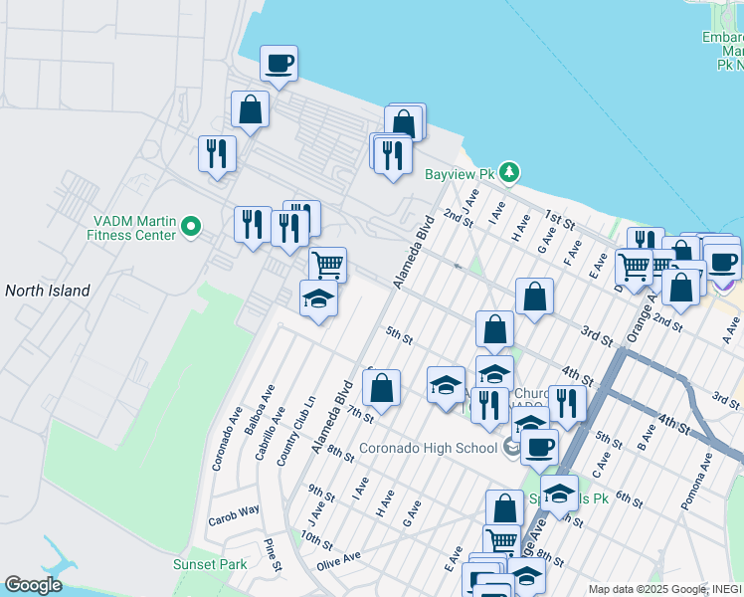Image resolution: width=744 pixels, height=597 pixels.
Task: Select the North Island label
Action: coord(48,291)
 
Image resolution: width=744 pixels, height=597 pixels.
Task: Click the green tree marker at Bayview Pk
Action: coord(509,173)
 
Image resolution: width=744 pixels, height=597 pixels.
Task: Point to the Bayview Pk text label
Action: coord(460,173)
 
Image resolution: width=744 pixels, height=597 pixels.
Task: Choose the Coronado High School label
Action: coord(429,448)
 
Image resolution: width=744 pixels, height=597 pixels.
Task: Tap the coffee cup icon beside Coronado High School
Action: coord(539,447)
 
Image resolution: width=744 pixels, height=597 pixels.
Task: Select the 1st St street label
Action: coord(560,220)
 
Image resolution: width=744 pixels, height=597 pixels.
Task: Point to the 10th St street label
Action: coord(316,540)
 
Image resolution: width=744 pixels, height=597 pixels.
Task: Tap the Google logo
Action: coord(33,585)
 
